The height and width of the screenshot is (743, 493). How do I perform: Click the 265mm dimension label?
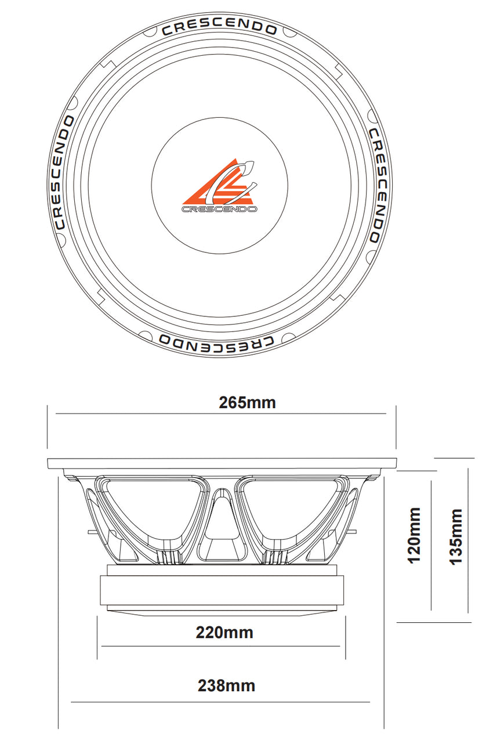247,402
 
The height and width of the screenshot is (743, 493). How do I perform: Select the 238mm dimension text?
226,686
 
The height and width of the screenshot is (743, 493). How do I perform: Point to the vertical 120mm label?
414,535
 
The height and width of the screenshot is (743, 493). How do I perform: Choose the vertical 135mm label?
456,536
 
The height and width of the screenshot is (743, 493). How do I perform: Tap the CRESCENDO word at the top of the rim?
219,27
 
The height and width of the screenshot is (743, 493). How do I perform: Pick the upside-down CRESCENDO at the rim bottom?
216,342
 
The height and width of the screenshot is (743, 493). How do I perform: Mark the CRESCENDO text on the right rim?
375,185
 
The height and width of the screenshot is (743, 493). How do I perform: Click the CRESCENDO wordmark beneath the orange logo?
220,209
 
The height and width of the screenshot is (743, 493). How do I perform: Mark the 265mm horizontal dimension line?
220,414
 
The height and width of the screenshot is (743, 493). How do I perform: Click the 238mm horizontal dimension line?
220,702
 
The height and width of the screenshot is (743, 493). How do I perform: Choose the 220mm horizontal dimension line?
220,646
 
